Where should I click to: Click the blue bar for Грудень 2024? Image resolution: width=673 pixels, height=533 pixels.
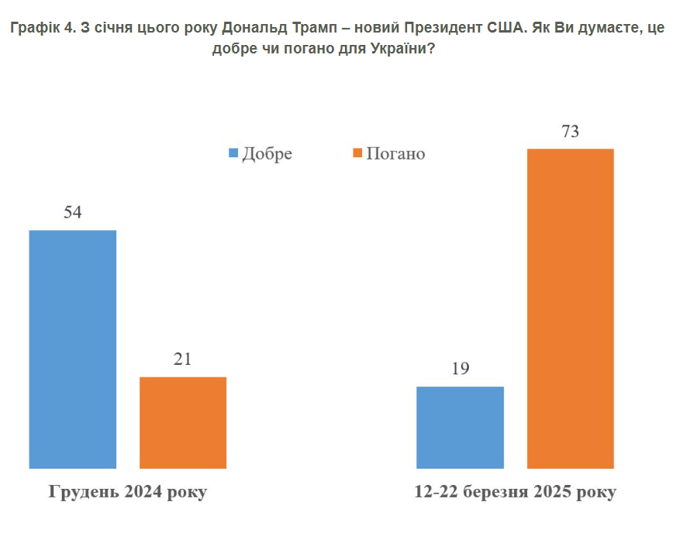(73, 349)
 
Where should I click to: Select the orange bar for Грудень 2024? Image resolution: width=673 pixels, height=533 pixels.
(183, 422)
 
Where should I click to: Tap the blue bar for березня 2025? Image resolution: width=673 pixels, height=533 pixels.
(460, 427)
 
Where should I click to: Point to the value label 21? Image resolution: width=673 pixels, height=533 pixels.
(183, 359)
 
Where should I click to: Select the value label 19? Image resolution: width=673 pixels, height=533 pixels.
(460, 369)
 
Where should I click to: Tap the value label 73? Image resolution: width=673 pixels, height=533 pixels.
(571, 132)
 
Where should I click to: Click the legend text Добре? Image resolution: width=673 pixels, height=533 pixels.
(267, 153)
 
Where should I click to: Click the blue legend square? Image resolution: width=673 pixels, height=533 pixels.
(233, 153)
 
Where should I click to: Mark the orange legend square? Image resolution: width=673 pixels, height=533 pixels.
(357, 153)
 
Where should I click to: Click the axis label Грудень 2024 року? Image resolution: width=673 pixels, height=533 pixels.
(129, 493)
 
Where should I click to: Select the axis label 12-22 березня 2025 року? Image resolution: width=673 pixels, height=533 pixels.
(516, 493)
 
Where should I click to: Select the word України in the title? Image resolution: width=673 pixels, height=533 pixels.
(404, 50)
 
